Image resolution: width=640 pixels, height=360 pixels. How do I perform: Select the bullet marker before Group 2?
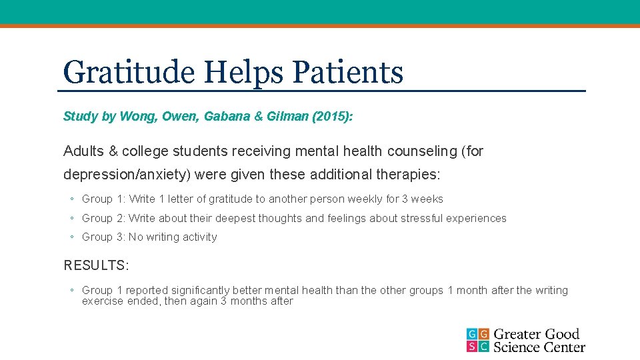[x=71, y=218]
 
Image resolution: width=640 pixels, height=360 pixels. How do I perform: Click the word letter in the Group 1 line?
[x=190, y=199]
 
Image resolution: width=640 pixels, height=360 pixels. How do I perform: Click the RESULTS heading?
[x=96, y=265]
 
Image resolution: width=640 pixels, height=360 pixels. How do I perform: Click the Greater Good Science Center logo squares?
[x=477, y=340]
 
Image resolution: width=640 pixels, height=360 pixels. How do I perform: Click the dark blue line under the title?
[x=320, y=90]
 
